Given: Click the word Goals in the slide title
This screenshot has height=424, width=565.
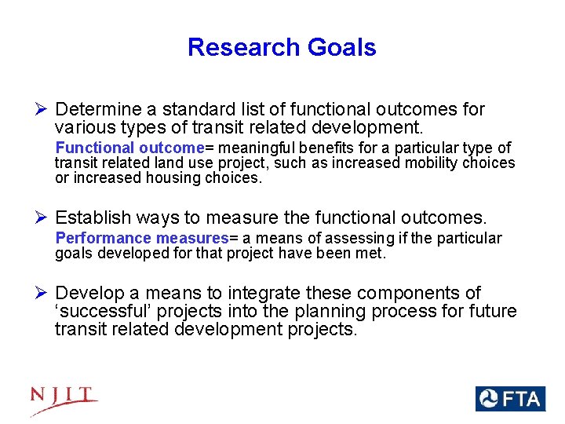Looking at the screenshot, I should [342, 47].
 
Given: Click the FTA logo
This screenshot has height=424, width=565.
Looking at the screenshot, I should [509, 399].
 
